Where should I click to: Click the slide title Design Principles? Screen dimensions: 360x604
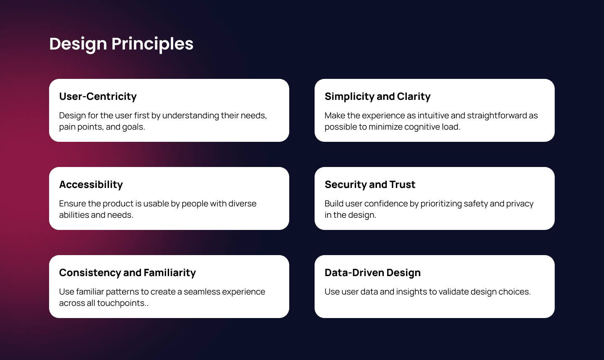click(121, 44)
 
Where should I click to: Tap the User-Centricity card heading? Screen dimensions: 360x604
click(98, 97)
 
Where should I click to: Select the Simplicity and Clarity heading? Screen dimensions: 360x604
click(377, 97)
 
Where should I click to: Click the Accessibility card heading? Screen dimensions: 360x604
click(91, 185)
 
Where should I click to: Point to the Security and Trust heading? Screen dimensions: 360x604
click(370, 185)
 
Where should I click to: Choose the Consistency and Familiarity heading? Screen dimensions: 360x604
click(128, 273)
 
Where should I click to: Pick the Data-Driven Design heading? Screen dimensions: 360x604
click(372, 273)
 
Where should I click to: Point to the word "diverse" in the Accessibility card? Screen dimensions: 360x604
click(242, 204)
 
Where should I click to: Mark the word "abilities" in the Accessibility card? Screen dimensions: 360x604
click(73, 215)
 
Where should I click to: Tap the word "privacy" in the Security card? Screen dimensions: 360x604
click(520, 204)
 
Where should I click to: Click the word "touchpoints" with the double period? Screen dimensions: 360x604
click(122, 303)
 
